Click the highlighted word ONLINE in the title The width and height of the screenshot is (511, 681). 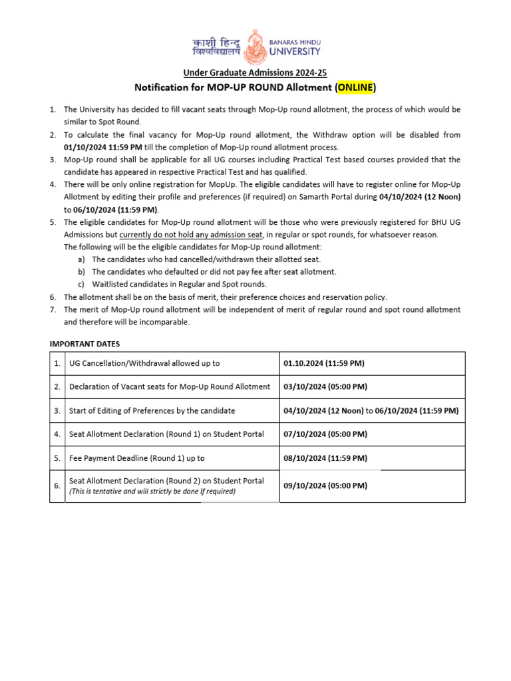(355, 87)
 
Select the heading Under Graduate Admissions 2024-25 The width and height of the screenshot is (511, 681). (255, 73)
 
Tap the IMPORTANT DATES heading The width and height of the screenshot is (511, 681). (85, 344)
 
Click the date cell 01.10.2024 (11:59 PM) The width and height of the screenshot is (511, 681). (324, 363)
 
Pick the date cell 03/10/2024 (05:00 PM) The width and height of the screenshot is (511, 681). (325, 386)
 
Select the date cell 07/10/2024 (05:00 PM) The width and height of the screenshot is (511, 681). (325, 434)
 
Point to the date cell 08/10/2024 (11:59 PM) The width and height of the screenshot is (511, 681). (325, 458)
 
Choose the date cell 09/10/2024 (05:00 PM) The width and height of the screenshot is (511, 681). (325, 485)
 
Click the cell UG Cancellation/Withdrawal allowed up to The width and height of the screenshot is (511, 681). (144, 363)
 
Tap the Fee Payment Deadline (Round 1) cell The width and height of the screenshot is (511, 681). (136, 458)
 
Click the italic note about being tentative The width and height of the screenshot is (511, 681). (152, 491)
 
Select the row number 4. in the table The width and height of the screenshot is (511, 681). (57, 434)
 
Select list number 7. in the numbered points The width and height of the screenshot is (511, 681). (53, 309)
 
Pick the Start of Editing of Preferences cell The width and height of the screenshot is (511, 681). (152, 410)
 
